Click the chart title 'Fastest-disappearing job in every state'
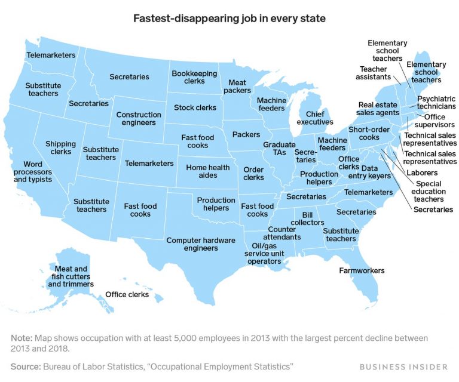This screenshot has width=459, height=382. point(229,18)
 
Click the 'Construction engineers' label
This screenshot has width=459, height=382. point(139,119)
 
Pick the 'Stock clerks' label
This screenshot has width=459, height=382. point(195,108)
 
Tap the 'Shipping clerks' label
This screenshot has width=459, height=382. point(61,148)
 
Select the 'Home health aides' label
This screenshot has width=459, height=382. point(207,172)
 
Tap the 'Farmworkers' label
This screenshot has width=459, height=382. point(362,271)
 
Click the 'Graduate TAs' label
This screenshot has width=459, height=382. point(279,149)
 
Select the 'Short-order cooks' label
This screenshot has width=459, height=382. point(364,134)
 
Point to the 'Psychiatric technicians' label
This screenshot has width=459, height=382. point(436,102)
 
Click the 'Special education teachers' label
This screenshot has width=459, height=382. point(430,191)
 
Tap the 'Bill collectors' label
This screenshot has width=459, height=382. point(312,218)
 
